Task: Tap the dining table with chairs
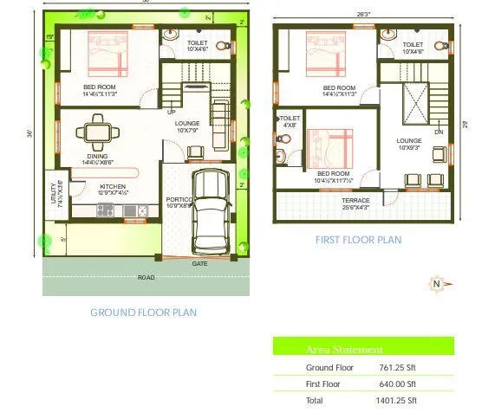coord(94,132)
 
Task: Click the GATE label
coord(199,263)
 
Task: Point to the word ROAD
coord(147,278)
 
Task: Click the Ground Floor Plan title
coord(143,312)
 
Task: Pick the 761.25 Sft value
coord(398,368)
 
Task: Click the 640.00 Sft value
coord(398,384)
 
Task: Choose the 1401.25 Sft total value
coord(398,400)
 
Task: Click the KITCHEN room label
coord(113,186)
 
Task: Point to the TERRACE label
coord(355,200)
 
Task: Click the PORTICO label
coord(178,199)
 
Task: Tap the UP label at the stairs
coord(171,113)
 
